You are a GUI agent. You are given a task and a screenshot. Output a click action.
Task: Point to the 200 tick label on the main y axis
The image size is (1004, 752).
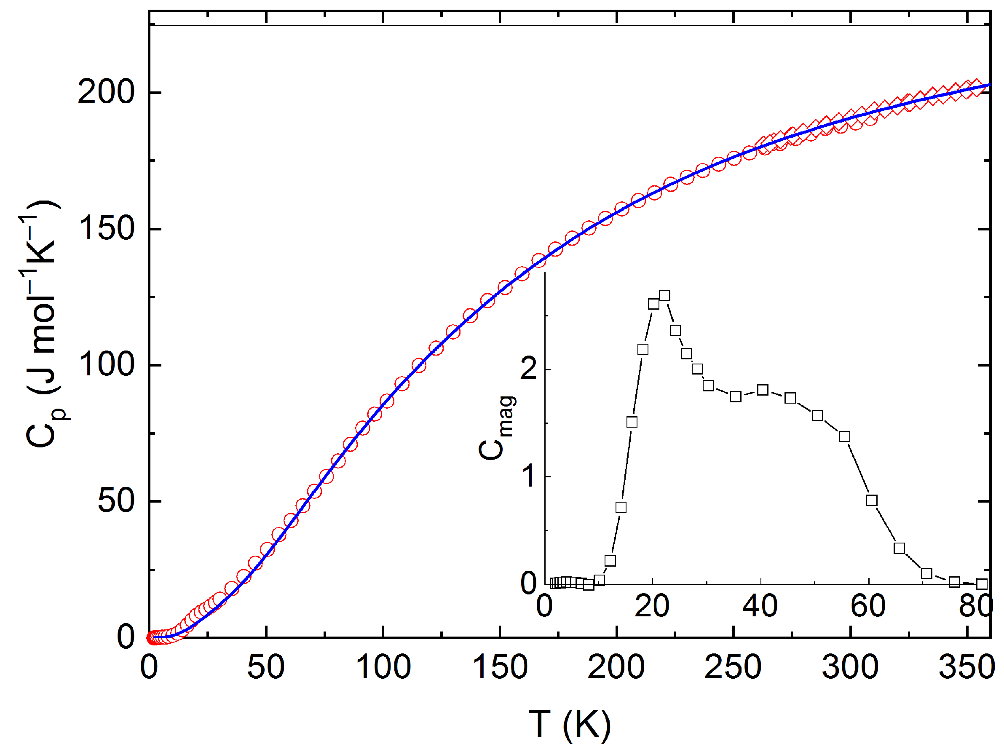click(106, 92)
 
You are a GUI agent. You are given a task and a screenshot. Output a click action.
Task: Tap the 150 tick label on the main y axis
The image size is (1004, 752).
click(106, 229)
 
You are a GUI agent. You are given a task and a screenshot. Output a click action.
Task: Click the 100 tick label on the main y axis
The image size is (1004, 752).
click(106, 365)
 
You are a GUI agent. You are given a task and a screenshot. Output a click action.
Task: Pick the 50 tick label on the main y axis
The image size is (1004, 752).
click(116, 501)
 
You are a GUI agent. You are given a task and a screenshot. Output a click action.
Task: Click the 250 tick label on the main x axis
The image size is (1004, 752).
click(733, 667)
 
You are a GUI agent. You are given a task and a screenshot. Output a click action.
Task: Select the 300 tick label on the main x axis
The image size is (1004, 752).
click(850, 667)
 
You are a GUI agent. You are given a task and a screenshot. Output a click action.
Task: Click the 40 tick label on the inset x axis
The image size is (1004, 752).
click(760, 606)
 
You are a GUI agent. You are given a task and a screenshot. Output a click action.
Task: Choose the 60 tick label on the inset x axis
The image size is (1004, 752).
click(868, 606)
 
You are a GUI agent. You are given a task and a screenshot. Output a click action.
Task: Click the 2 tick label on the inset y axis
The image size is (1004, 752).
click(529, 369)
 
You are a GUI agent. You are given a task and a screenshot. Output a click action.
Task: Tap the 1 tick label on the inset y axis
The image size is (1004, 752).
click(529, 476)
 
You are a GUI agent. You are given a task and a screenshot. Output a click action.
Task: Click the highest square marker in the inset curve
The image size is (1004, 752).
click(664, 296)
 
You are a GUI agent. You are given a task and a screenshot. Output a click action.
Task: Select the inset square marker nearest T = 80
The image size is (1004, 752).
click(982, 584)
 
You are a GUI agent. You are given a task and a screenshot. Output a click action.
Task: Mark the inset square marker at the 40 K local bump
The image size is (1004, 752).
click(763, 390)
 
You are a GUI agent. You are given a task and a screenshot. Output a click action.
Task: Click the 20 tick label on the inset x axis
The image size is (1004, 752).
click(652, 606)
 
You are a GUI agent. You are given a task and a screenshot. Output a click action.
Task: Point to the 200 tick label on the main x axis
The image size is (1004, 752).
click(616, 667)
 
